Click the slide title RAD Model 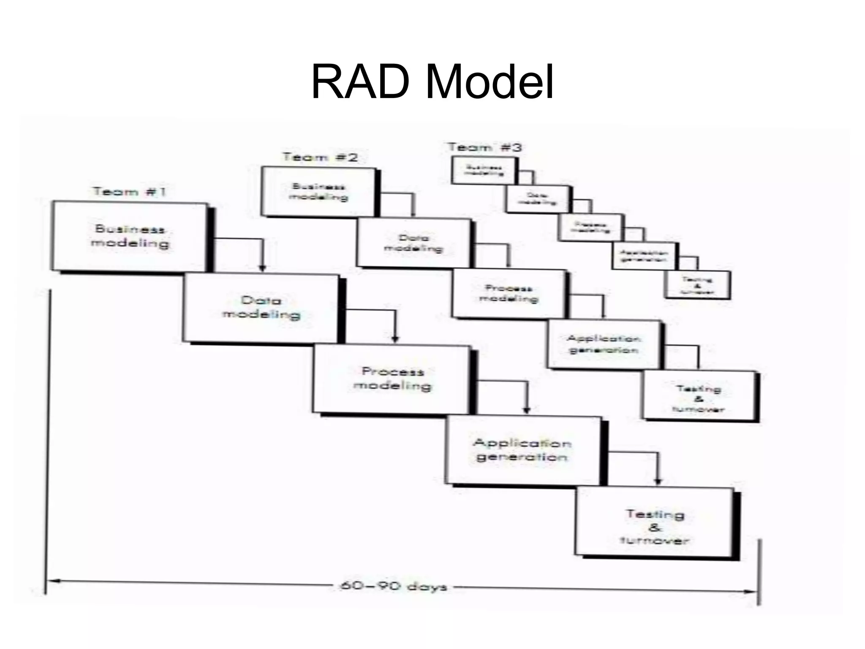(432, 83)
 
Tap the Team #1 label (130, 192)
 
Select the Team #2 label (320, 158)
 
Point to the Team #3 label (484, 147)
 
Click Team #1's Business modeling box (130, 237)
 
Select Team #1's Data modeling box (261, 308)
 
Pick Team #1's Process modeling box (392, 379)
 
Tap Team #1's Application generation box (523, 450)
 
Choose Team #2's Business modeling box (318, 192)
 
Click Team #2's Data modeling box (413, 243)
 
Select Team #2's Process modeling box (509, 294)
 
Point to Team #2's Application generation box (604, 344)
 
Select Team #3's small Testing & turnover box (697, 285)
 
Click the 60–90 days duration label (393, 586)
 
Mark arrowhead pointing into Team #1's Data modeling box (262, 268)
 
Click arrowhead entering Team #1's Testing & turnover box (658, 482)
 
